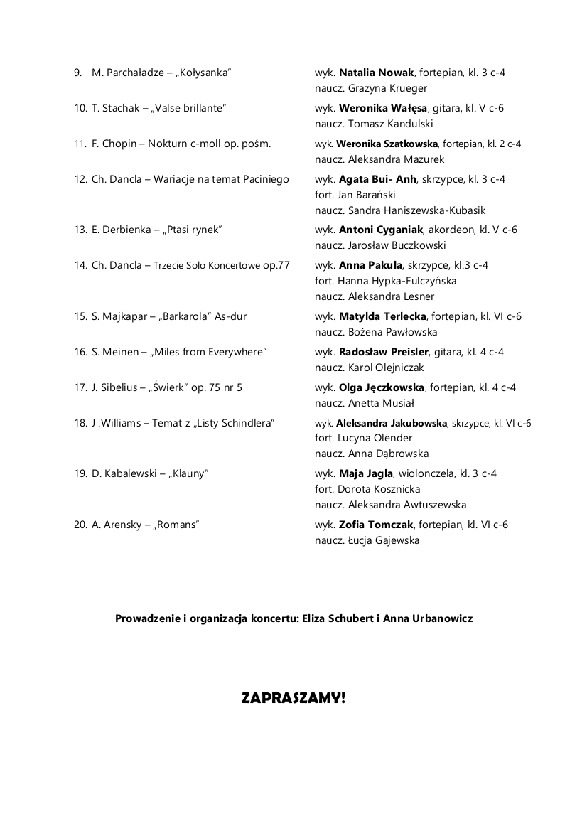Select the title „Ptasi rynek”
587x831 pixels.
(194, 230)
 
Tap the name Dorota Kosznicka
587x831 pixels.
(377, 489)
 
